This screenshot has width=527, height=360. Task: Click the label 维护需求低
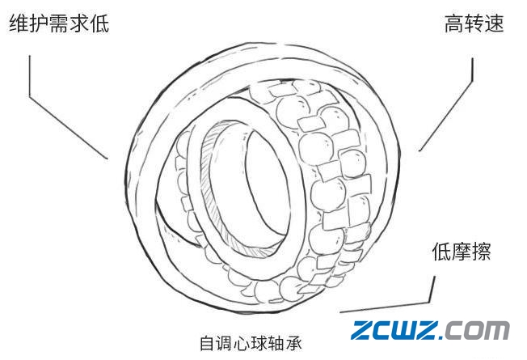pos(59,23)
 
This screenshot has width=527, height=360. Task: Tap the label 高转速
pos(474,23)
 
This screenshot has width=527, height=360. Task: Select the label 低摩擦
pos(462,252)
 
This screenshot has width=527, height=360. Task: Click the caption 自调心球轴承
pos(251,343)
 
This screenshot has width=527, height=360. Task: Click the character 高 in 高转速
pos(454,23)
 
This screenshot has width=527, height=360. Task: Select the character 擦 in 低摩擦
pos(482,252)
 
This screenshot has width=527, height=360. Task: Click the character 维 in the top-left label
pos(19,23)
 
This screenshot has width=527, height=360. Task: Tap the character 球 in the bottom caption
pos(259,343)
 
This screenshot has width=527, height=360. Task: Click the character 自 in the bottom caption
pos(208,343)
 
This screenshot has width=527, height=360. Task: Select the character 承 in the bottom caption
pos(294,343)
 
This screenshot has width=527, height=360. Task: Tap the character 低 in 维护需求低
pos(99,23)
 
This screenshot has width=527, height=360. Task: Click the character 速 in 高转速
pos(495,23)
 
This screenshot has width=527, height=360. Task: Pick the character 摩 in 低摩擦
pos(462,252)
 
